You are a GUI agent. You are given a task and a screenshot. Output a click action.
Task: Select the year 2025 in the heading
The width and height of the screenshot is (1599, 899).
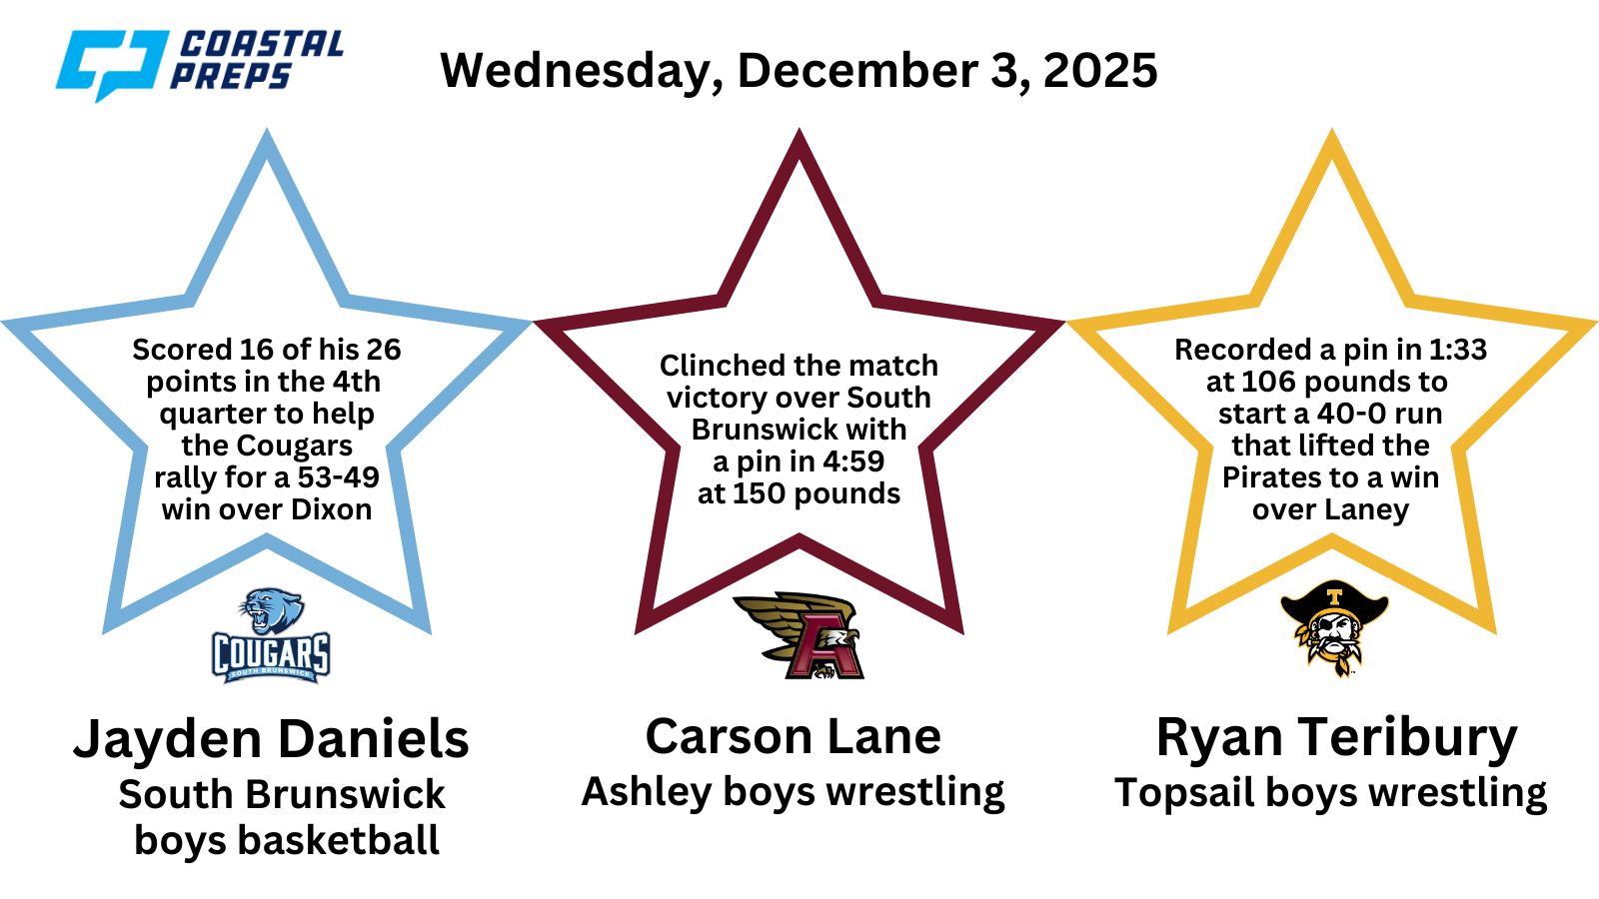click(1100, 70)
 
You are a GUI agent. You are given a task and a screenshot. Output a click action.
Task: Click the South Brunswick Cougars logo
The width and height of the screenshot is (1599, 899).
click(271, 635)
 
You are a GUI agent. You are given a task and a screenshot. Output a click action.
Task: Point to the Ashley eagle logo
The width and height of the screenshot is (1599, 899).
click(799, 635)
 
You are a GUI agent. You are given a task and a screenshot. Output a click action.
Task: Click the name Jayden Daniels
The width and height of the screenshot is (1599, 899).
click(271, 738)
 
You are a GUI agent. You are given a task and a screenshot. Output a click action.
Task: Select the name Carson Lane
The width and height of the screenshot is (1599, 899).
click(794, 736)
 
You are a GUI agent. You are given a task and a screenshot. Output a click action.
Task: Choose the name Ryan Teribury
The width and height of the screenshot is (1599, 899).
click(1337, 738)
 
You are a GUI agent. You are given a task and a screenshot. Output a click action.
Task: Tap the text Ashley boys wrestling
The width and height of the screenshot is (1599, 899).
click(794, 793)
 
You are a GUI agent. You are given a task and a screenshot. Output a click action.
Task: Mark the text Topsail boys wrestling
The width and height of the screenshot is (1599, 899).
click(1330, 793)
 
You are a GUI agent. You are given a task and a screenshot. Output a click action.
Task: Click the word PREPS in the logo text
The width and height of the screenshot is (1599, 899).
click(231, 76)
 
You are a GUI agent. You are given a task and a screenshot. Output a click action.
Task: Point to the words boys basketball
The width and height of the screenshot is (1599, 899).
click(286, 840)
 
